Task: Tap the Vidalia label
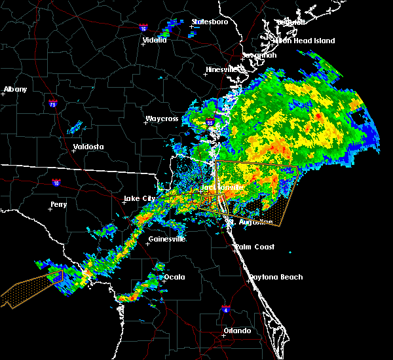click(x=155, y=40)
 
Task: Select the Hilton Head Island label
click(x=304, y=41)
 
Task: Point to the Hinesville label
click(x=225, y=69)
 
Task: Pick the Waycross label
click(x=162, y=119)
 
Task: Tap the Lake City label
click(x=140, y=198)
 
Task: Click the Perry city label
click(x=58, y=205)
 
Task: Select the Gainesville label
click(x=167, y=239)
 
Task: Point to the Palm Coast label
click(x=256, y=247)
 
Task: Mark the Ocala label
click(x=174, y=277)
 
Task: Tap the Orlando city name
click(x=237, y=331)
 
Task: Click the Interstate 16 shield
click(x=143, y=28)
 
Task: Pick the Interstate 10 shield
click(x=57, y=183)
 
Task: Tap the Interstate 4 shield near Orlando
click(x=225, y=308)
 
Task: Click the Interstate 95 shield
click(x=210, y=122)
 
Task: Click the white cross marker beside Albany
click(x=3, y=94)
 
